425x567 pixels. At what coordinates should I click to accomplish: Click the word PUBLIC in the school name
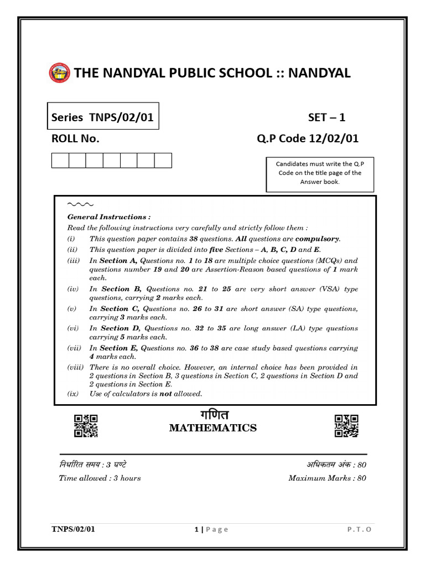pyautogui.click(x=191, y=73)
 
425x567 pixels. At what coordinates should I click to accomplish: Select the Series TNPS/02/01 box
pyautogui.click(x=103, y=116)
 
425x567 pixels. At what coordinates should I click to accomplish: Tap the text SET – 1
pyautogui.click(x=326, y=117)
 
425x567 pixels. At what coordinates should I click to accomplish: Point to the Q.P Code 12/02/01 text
pyautogui.click(x=307, y=139)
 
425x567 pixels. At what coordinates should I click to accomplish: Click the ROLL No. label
pyautogui.click(x=75, y=139)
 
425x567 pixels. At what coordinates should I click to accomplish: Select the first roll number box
pyautogui.click(x=60, y=161)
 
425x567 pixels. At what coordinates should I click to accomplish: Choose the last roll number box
pyautogui.click(x=163, y=161)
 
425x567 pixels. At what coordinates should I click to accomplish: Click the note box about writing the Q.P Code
pyautogui.click(x=320, y=173)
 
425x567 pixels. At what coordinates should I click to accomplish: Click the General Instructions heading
pyautogui.click(x=109, y=218)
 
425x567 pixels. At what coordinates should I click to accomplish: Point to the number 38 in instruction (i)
pyautogui.click(x=194, y=239)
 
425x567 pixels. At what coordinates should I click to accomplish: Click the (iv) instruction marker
pyautogui.click(x=73, y=289)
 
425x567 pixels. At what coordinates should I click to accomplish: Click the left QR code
pyautogui.click(x=86, y=426)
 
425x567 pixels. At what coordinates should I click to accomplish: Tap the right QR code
pyautogui.click(x=346, y=426)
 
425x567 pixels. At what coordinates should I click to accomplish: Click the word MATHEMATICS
pyautogui.click(x=212, y=428)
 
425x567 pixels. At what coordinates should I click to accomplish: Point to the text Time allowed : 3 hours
pyautogui.click(x=100, y=478)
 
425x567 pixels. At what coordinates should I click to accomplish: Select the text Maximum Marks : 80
pyautogui.click(x=327, y=478)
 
